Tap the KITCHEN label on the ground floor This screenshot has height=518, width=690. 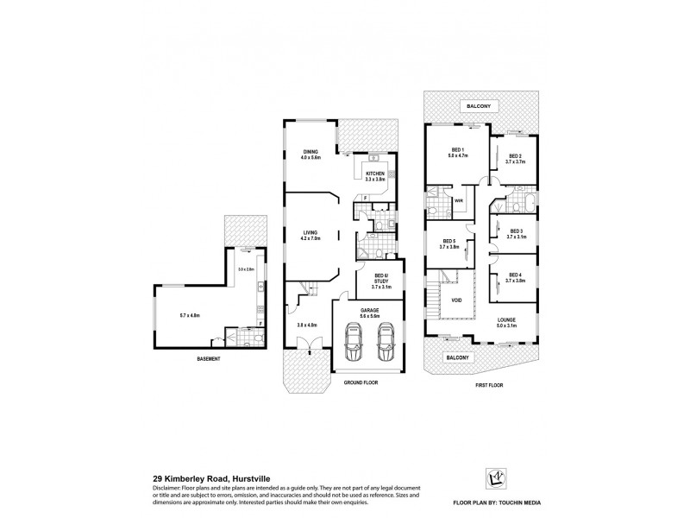(x=374, y=174)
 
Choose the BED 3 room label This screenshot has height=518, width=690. (x=516, y=231)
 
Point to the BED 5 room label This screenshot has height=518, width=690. (x=448, y=243)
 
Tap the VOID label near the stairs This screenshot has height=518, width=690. (x=456, y=300)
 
